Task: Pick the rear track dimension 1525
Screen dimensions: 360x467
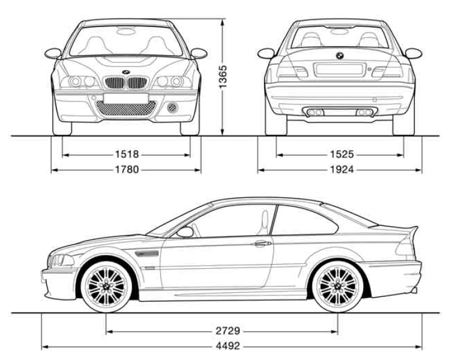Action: click(x=340, y=154)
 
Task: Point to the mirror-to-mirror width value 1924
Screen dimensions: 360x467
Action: click(x=340, y=170)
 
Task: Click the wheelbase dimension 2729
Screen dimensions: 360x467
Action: click(x=221, y=331)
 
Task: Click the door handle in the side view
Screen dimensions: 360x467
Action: click(x=262, y=244)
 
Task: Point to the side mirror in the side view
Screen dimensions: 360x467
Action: click(x=185, y=232)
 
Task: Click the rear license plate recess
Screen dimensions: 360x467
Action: click(x=336, y=70)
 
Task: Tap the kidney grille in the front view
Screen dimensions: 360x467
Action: click(x=125, y=82)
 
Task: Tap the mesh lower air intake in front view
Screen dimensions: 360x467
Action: click(x=127, y=109)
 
